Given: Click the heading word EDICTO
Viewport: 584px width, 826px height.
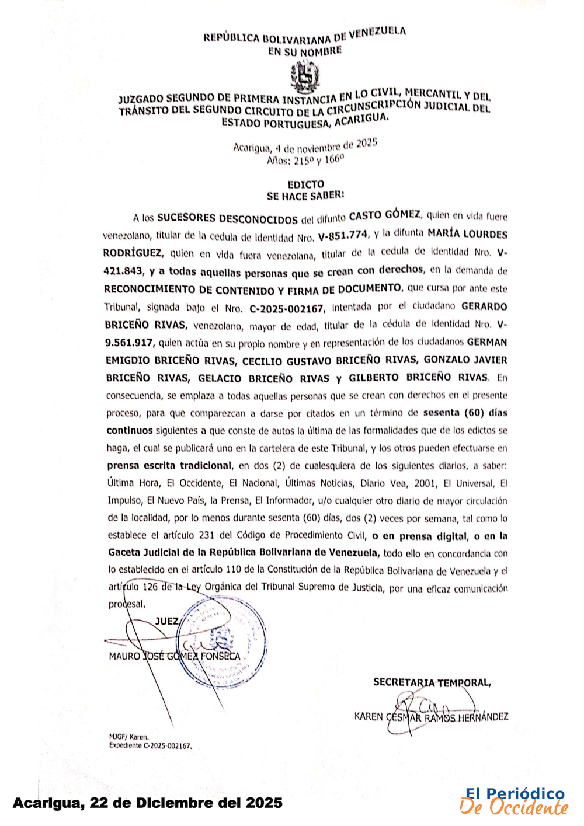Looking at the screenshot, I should pos(305,184).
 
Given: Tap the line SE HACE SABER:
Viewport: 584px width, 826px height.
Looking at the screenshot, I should pos(305,196).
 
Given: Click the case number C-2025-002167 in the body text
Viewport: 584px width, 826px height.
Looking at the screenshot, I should pos(286,308).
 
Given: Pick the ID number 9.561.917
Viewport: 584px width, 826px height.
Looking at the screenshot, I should pos(129,343).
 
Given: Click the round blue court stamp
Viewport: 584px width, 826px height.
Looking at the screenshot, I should pos(223,642).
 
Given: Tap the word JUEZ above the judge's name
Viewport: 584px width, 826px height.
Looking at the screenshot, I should pos(167,621).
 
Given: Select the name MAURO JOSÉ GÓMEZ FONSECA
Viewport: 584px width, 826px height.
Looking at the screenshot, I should pos(174,656).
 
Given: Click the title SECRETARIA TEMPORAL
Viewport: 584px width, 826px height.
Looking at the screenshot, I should pos(432,682).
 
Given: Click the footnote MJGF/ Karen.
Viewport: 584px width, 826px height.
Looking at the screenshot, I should pos(128,737).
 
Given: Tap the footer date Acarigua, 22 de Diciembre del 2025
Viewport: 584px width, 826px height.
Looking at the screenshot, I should pos(147,803).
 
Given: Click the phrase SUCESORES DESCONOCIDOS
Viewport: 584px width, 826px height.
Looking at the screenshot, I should pos(227,218).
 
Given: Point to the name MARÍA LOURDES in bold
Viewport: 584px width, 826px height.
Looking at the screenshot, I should pos(467,233).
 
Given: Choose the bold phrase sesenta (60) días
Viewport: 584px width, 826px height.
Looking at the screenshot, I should pos(465,413).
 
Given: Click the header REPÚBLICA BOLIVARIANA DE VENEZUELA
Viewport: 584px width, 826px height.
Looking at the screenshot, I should pos(304,36).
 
